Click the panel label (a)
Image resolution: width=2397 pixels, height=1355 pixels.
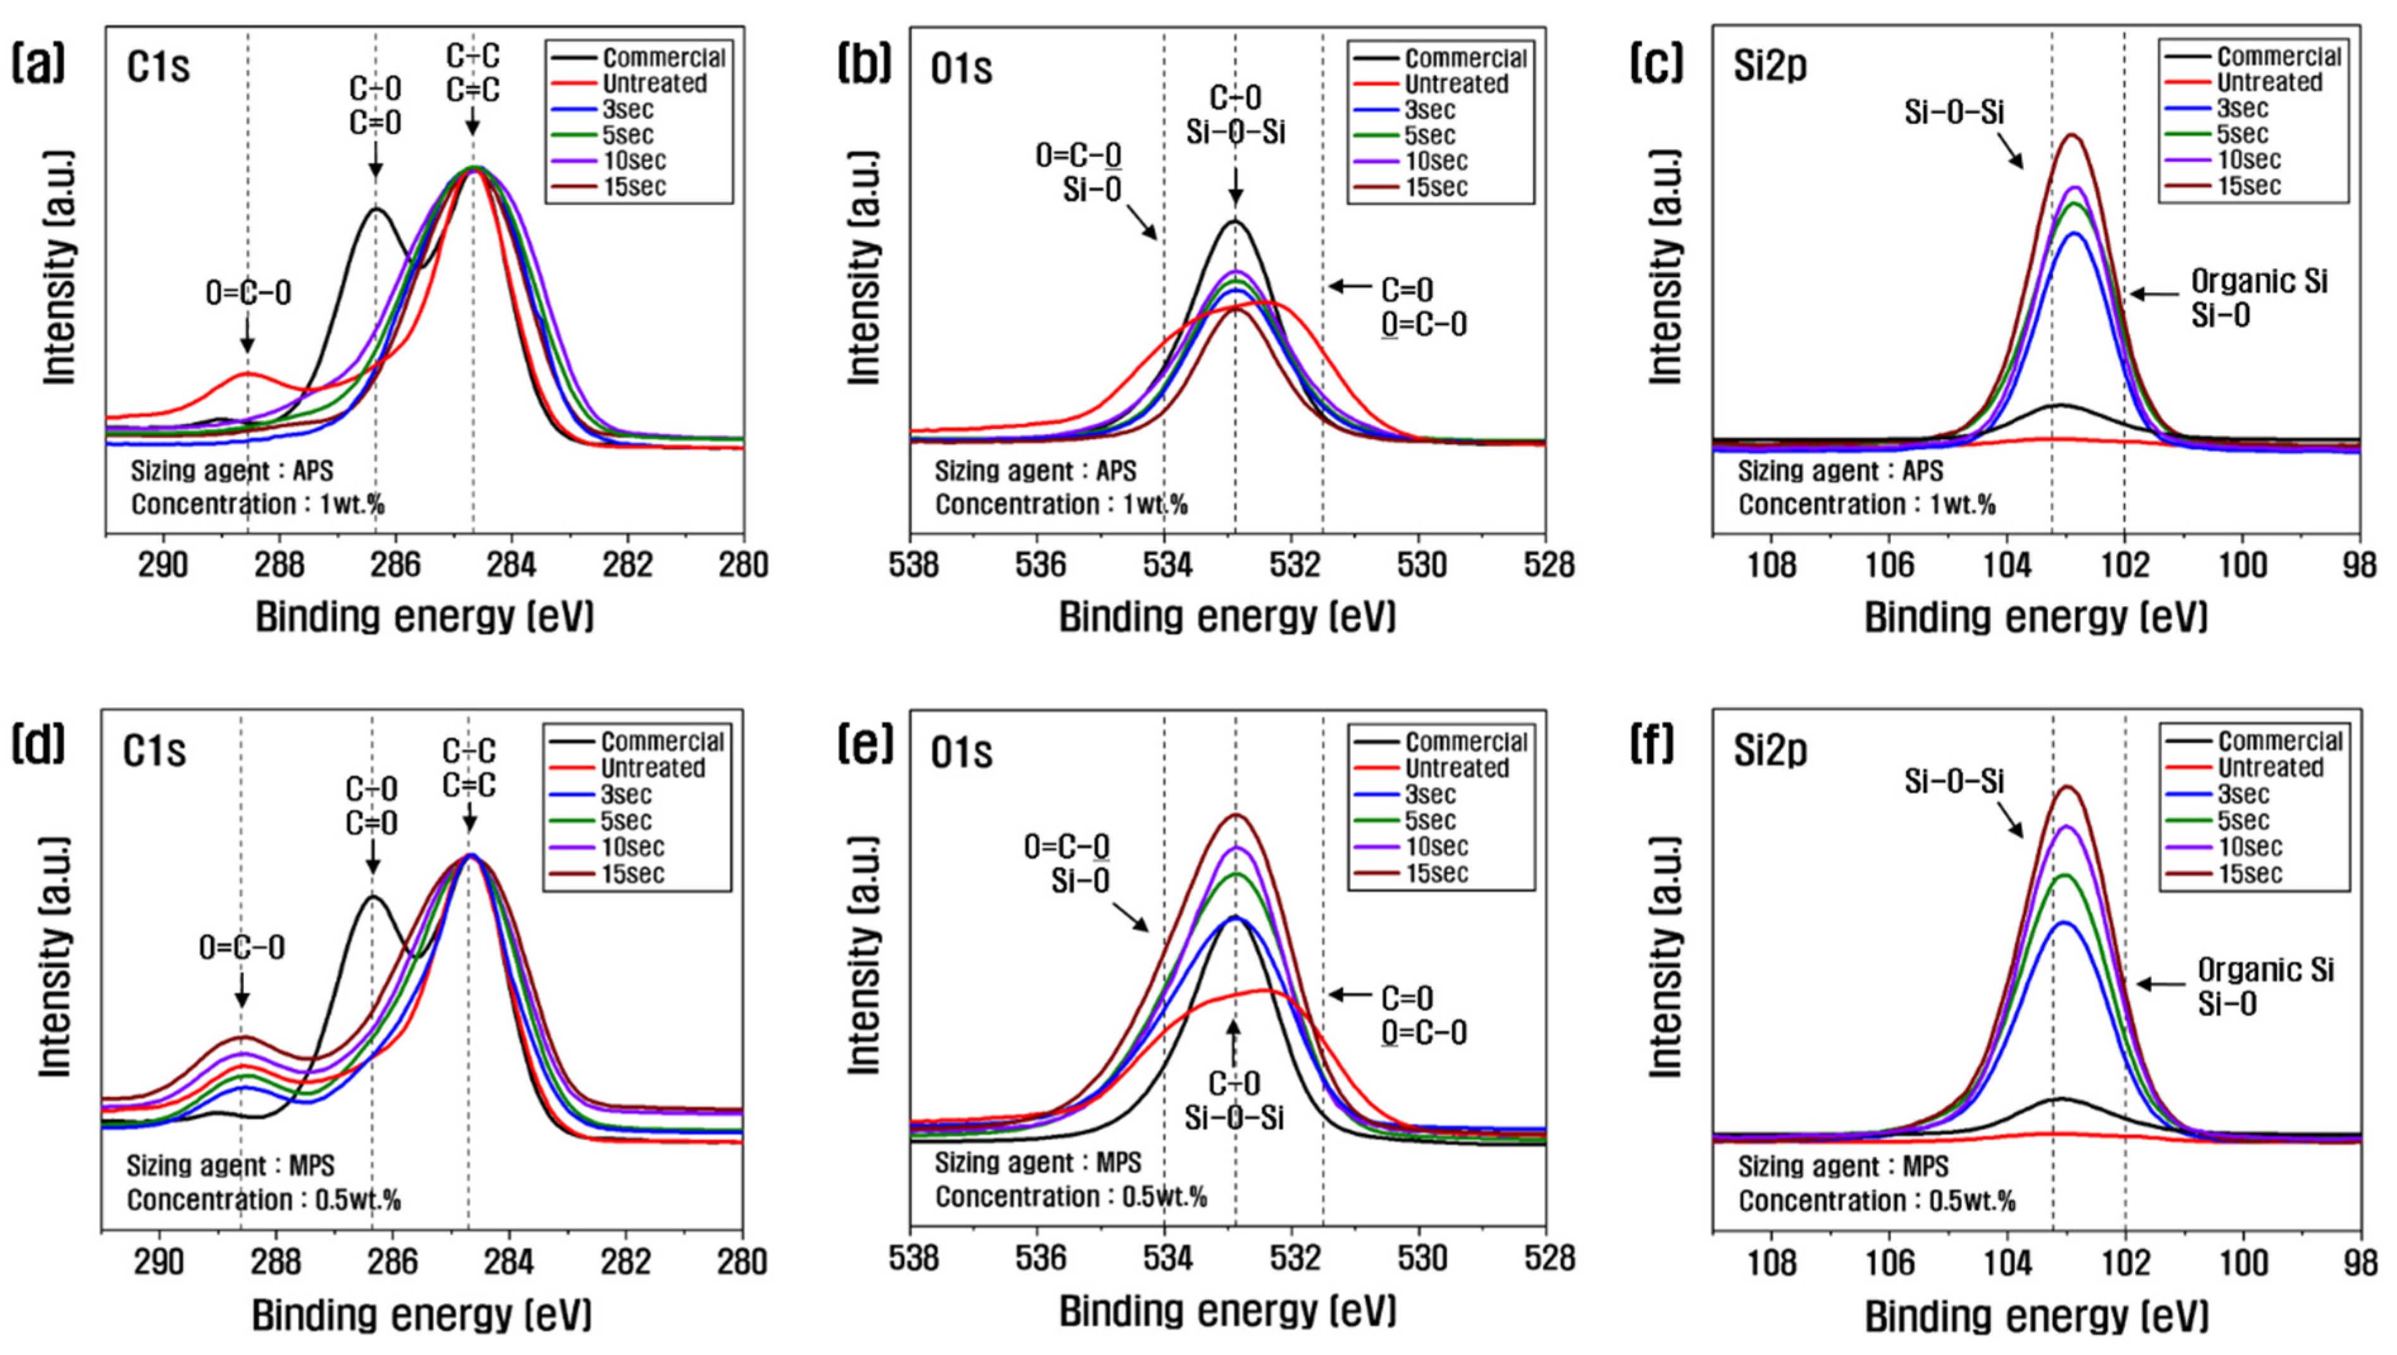(x=38, y=65)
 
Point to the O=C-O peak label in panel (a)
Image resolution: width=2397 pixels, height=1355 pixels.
(x=247, y=293)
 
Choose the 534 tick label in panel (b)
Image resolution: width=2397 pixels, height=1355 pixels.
(x=1164, y=565)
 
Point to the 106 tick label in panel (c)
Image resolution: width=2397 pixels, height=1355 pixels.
(x=1890, y=565)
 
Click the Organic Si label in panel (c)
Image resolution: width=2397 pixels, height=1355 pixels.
(x=2259, y=281)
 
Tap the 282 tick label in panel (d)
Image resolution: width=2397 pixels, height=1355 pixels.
(x=626, y=1262)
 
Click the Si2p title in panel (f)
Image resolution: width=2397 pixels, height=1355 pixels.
(x=1770, y=751)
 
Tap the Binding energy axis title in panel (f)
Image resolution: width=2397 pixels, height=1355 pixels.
(x=2036, y=1316)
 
